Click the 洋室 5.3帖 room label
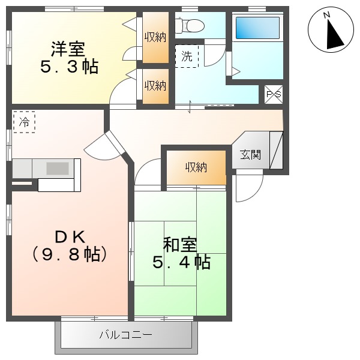click(69, 58)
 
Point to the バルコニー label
click(126, 335)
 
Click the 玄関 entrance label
click(251, 154)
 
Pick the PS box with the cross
click(273, 94)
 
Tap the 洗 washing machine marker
click(187, 57)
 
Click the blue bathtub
click(257, 28)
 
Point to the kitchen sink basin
click(58, 168)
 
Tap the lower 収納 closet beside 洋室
click(155, 86)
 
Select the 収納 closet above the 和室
click(196, 167)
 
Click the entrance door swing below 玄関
click(248, 187)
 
